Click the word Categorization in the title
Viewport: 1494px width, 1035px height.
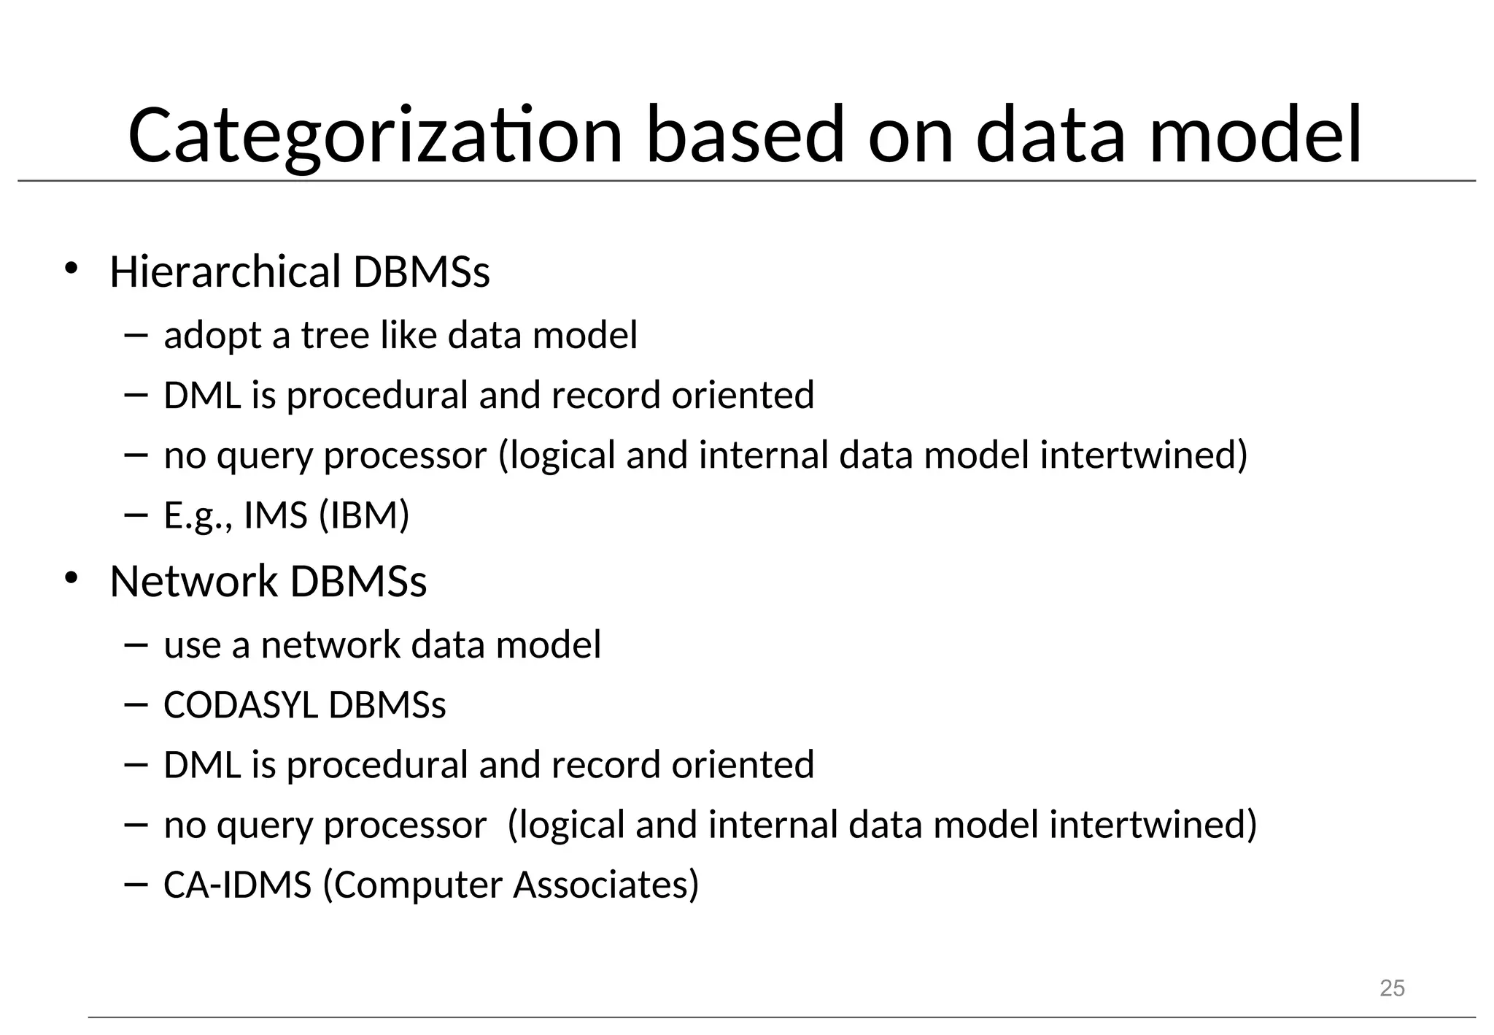pos(375,136)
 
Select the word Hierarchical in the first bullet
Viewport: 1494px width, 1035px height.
pos(225,272)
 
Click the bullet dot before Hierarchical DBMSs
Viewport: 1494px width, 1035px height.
pos(71,269)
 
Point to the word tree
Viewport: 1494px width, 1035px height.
pos(334,335)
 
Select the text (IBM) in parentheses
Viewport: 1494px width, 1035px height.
pos(364,515)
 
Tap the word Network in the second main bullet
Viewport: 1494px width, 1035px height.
pos(193,582)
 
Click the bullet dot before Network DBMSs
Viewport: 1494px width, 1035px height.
pos(71,578)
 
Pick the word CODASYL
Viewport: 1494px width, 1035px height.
pos(241,705)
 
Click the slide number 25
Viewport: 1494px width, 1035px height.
pos(1392,988)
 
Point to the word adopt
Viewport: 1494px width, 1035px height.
pos(212,336)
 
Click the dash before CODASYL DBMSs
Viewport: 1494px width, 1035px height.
pos(136,704)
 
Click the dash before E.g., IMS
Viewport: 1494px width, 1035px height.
pos(136,515)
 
